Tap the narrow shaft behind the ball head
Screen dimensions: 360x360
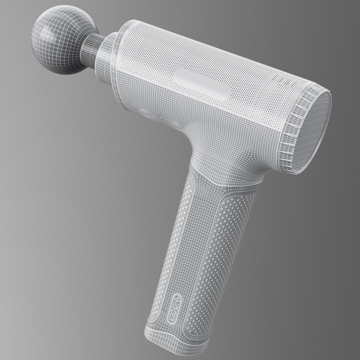point(92,46)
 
